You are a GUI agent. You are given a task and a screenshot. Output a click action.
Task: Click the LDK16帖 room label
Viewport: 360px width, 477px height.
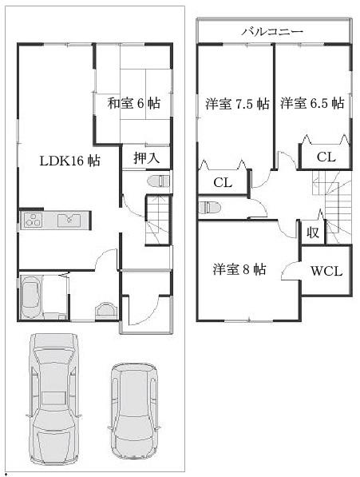pyautogui.click(x=70, y=161)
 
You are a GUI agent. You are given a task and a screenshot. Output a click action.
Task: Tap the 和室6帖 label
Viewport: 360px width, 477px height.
pyautogui.click(x=133, y=102)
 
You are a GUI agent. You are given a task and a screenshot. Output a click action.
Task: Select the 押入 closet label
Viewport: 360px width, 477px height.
pyautogui.click(x=135, y=157)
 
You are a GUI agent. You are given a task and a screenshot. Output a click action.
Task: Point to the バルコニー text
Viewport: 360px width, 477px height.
pyautogui.click(x=272, y=31)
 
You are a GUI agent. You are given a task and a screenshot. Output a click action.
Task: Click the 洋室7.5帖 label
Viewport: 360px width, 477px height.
pyautogui.click(x=236, y=103)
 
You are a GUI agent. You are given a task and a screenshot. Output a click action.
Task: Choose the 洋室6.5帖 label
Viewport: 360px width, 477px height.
pyautogui.click(x=312, y=103)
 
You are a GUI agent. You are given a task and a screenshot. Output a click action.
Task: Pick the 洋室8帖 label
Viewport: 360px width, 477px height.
pyautogui.click(x=239, y=269)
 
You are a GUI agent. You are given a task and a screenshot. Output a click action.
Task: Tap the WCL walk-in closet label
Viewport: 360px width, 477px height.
pyautogui.click(x=326, y=271)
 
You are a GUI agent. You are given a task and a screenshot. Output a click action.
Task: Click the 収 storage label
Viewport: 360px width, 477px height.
pyautogui.click(x=311, y=233)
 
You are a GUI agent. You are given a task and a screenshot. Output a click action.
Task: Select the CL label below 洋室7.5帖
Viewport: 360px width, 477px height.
pyautogui.click(x=222, y=183)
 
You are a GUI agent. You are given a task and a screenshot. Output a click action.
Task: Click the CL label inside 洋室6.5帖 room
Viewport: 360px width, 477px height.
pyautogui.click(x=325, y=157)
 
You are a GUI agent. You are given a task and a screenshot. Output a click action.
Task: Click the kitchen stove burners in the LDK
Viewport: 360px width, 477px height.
pyautogui.click(x=33, y=220)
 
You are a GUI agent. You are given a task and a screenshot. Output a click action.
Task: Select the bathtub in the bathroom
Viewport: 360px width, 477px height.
pyautogui.click(x=33, y=296)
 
